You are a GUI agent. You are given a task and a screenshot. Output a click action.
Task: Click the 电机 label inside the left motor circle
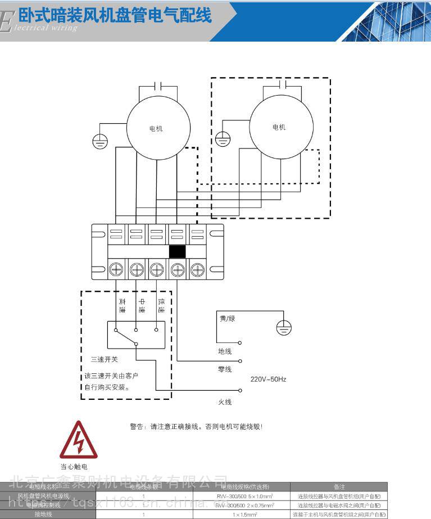156,129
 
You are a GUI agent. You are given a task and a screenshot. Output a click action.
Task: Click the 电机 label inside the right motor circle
279,127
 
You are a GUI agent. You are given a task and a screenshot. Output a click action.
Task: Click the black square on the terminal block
177,251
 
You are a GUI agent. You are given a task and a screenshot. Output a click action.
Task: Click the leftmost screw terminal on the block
116,269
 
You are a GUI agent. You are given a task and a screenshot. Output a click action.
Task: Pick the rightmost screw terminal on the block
197,269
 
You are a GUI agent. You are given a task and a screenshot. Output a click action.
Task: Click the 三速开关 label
104,358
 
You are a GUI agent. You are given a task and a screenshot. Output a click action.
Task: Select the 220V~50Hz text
269,380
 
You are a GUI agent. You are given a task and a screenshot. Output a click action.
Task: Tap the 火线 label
225,402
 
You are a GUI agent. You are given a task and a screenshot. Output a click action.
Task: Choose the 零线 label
225,369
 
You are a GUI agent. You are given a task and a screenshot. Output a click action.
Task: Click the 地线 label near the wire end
225,351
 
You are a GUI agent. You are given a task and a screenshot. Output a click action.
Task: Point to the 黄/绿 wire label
228,318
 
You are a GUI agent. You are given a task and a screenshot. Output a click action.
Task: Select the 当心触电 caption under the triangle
74,467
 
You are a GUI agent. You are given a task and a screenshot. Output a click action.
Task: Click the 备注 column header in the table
339,486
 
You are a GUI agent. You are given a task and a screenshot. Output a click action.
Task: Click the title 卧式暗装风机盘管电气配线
115,16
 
